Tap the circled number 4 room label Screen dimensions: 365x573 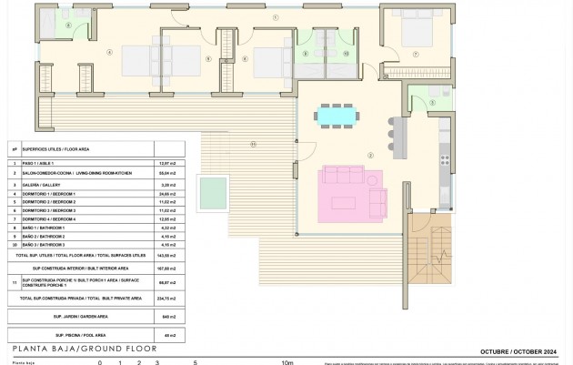point(109,52)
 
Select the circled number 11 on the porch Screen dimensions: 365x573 point(252,145)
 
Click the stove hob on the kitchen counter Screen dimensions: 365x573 point(443,166)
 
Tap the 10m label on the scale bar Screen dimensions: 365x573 point(287,361)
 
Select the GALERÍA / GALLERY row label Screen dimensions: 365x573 point(45,184)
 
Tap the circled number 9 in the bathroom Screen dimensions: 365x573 point(307,54)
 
